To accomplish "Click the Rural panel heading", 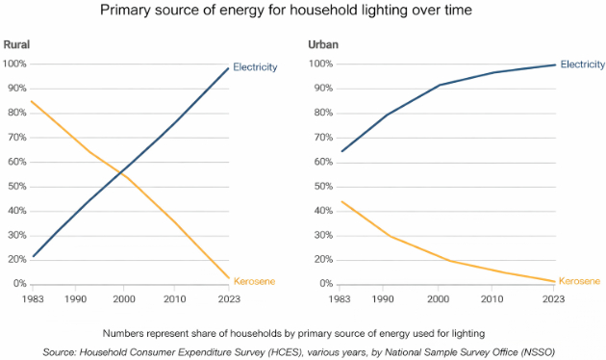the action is (x=16, y=45).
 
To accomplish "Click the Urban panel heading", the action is (x=323, y=45).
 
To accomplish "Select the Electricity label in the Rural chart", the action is (x=255, y=67).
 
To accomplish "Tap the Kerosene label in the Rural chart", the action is (x=254, y=281).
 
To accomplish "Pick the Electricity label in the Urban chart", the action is (x=583, y=64).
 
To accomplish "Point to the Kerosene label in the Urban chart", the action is (x=579, y=281).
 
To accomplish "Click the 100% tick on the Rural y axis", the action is (x=14, y=64).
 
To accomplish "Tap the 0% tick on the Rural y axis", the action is (x=19, y=283).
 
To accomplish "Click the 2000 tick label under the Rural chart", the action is (x=124, y=299).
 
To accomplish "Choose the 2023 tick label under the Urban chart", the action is (x=553, y=299).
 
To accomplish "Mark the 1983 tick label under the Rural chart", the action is (x=33, y=299).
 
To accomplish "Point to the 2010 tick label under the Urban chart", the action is (x=492, y=299).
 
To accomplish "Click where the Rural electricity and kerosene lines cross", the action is (x=122, y=173).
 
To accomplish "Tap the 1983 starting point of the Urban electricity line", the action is (x=341, y=151).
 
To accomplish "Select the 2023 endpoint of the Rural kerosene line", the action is (x=229, y=277).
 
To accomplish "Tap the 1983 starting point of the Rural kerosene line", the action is (x=32, y=102).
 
